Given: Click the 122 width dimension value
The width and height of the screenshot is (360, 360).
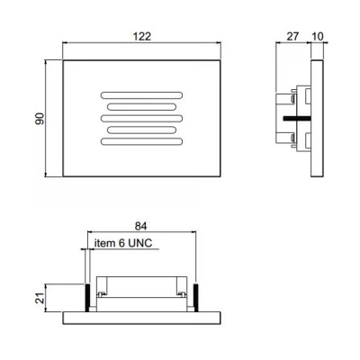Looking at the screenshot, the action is [141, 37].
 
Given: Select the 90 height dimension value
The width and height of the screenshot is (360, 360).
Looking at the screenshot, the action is [40, 119].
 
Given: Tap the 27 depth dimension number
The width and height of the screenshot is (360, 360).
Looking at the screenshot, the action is [292, 37].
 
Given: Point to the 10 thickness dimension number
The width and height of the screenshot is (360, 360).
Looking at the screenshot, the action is [318, 37].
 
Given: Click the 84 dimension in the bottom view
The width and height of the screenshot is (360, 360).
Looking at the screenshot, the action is [140, 227].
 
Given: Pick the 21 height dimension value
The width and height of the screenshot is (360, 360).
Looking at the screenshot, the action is [40, 298].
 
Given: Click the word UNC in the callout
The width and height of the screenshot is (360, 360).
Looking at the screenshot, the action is [140, 243].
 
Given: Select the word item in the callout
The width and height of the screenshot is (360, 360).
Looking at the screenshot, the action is [105, 243].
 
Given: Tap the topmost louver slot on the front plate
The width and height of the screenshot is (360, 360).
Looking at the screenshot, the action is [141, 95].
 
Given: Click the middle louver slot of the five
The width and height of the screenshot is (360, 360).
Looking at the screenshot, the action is [141, 118].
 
